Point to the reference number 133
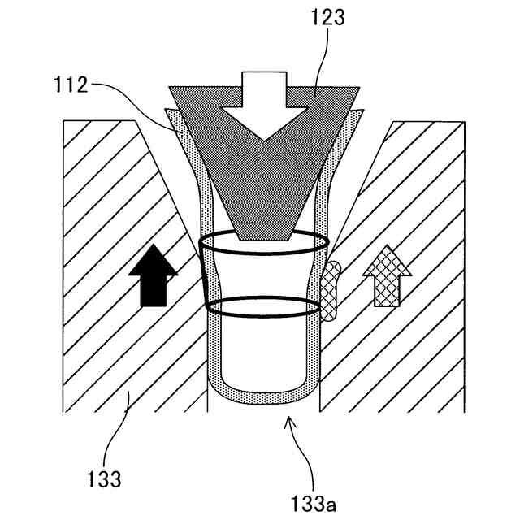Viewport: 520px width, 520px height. (x=105, y=479)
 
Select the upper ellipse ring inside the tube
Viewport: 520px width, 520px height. (x=263, y=243)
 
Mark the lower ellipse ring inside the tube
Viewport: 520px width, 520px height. (x=263, y=306)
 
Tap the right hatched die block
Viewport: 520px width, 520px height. (x=406, y=349)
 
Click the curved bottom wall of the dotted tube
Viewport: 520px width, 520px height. (x=263, y=396)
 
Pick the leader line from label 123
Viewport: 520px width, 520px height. (x=322, y=61)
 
